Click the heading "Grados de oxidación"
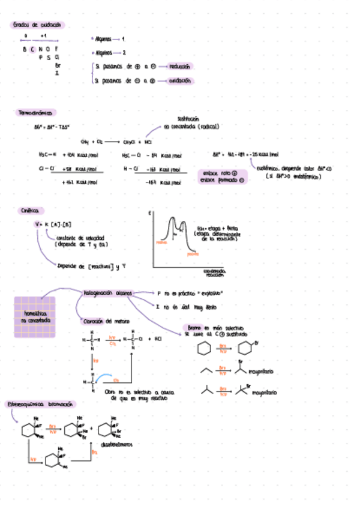point(38,25)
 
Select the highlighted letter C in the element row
point(32,49)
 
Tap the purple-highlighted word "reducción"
point(181,67)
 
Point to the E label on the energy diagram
point(149,212)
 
